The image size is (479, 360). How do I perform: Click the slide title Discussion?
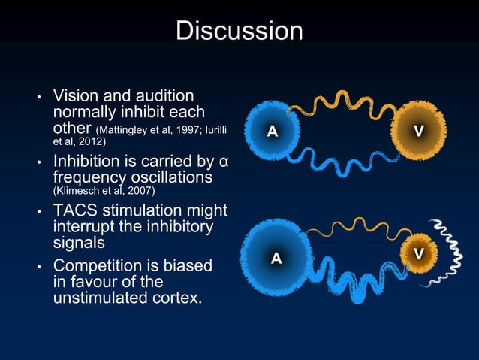point(239,31)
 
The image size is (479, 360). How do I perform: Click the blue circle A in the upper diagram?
point(273,131)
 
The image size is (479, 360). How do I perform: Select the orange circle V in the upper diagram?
point(418,131)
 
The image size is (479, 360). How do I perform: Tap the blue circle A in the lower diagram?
point(276,259)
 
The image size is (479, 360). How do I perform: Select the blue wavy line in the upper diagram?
point(345,162)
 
